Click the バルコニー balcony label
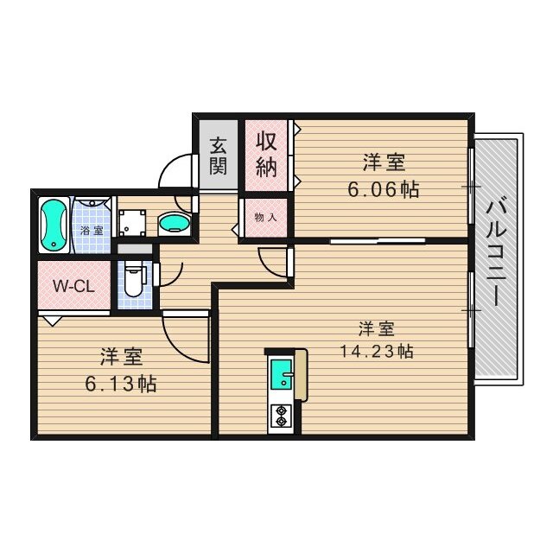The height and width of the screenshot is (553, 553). (x=497, y=256)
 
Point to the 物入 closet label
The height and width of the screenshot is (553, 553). (x=265, y=217)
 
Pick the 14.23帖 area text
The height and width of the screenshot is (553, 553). (x=378, y=352)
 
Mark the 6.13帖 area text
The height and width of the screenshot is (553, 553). (x=122, y=385)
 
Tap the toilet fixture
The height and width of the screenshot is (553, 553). (x=133, y=278)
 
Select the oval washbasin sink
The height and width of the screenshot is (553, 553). (x=175, y=223)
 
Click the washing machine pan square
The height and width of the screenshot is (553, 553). (x=135, y=224)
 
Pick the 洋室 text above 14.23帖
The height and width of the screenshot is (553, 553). (x=378, y=328)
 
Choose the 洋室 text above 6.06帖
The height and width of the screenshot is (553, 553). (x=385, y=162)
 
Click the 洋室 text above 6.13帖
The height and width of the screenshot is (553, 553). (x=122, y=356)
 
